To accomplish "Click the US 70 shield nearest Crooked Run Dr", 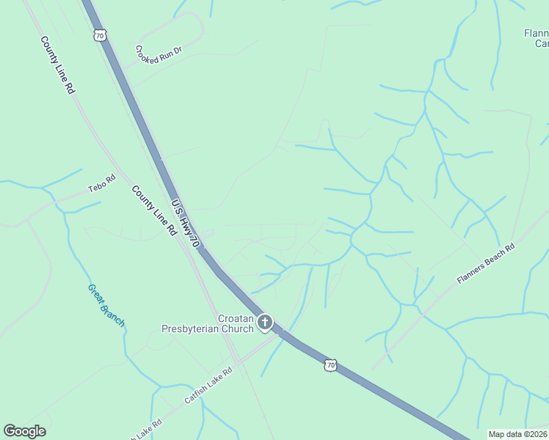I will point(100,34).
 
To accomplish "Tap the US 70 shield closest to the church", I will point(331,364).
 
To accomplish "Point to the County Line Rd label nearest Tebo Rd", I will point(154,210).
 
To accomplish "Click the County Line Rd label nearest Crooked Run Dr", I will point(58,65).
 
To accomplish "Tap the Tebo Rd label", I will point(102,184).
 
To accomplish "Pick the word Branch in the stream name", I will point(114,315).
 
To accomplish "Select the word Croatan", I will point(236,319).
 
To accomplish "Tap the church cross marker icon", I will point(264,322).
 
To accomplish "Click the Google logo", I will point(25,431).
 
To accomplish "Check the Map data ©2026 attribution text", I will point(517,434).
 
